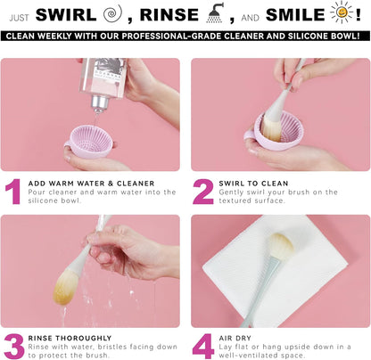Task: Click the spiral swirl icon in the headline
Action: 112,13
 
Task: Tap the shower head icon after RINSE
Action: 215,12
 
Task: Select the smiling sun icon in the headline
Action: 342,12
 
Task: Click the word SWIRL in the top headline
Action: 66,14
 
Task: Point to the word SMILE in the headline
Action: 295,14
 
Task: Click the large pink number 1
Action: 13,192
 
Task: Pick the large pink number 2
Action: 203,192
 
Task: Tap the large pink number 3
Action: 14,347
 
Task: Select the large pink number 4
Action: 203,347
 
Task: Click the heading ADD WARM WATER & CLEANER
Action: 91,184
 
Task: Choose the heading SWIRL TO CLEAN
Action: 253,184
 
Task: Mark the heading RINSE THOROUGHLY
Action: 70,338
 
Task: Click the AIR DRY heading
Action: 235,338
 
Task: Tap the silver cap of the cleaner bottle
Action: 101,103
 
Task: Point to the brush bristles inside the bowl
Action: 272,129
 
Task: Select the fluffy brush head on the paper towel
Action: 281,245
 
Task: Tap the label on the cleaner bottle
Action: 109,74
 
